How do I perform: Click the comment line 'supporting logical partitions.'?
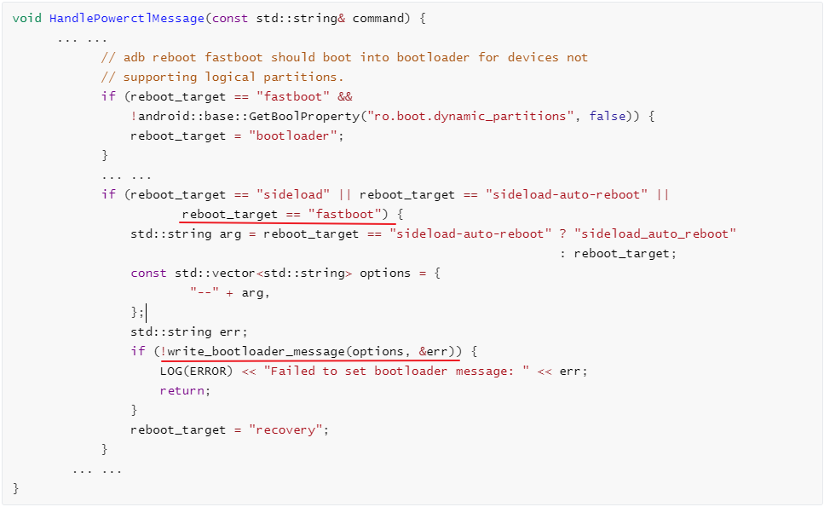coord(222,77)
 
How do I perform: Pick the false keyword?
coord(608,116)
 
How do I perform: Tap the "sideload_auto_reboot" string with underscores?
coord(655,233)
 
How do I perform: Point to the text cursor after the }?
coord(147,313)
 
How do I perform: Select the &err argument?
coord(433,351)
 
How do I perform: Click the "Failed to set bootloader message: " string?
coord(396,371)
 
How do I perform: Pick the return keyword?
coord(183,390)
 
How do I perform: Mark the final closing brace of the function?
coord(16,488)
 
